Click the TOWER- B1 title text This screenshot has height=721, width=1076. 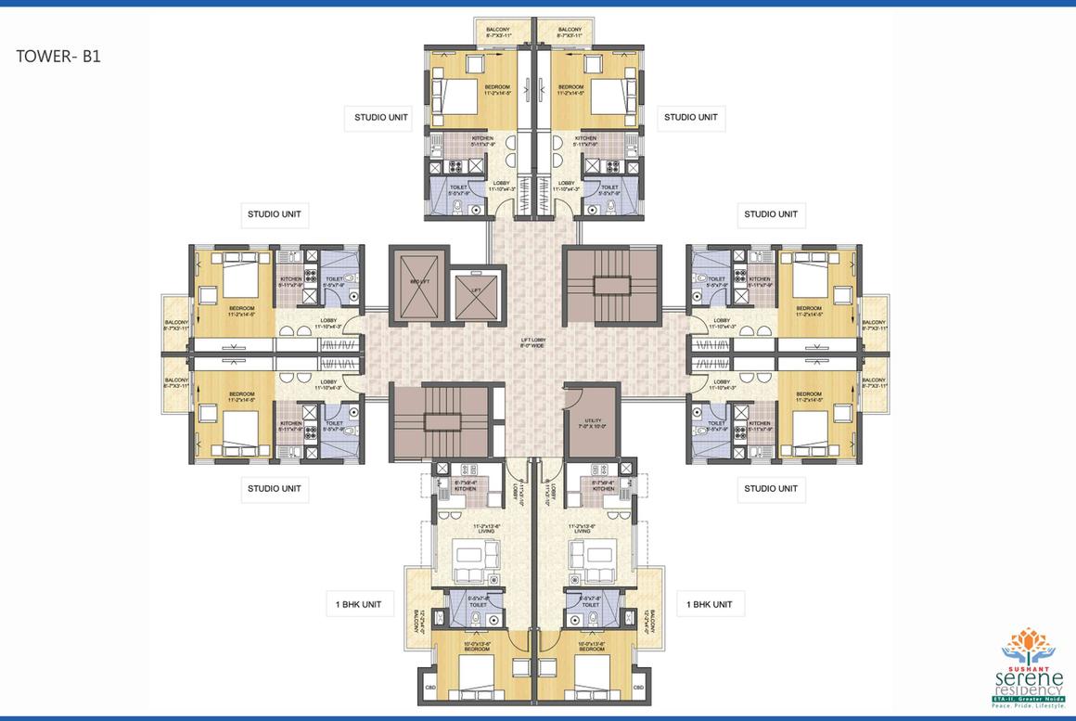coord(58,56)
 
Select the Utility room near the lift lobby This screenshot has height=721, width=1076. coord(592,421)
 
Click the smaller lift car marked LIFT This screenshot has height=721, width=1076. coord(475,291)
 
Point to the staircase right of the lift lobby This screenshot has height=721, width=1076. coord(611,284)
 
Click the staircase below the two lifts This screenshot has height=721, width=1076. coord(438,420)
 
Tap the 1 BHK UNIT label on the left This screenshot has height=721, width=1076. coord(358,604)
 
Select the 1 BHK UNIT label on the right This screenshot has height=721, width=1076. coord(710,604)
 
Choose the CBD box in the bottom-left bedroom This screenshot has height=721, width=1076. coord(429,688)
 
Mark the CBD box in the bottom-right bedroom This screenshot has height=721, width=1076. coord(637,688)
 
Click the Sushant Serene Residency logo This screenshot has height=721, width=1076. coord(1027,668)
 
